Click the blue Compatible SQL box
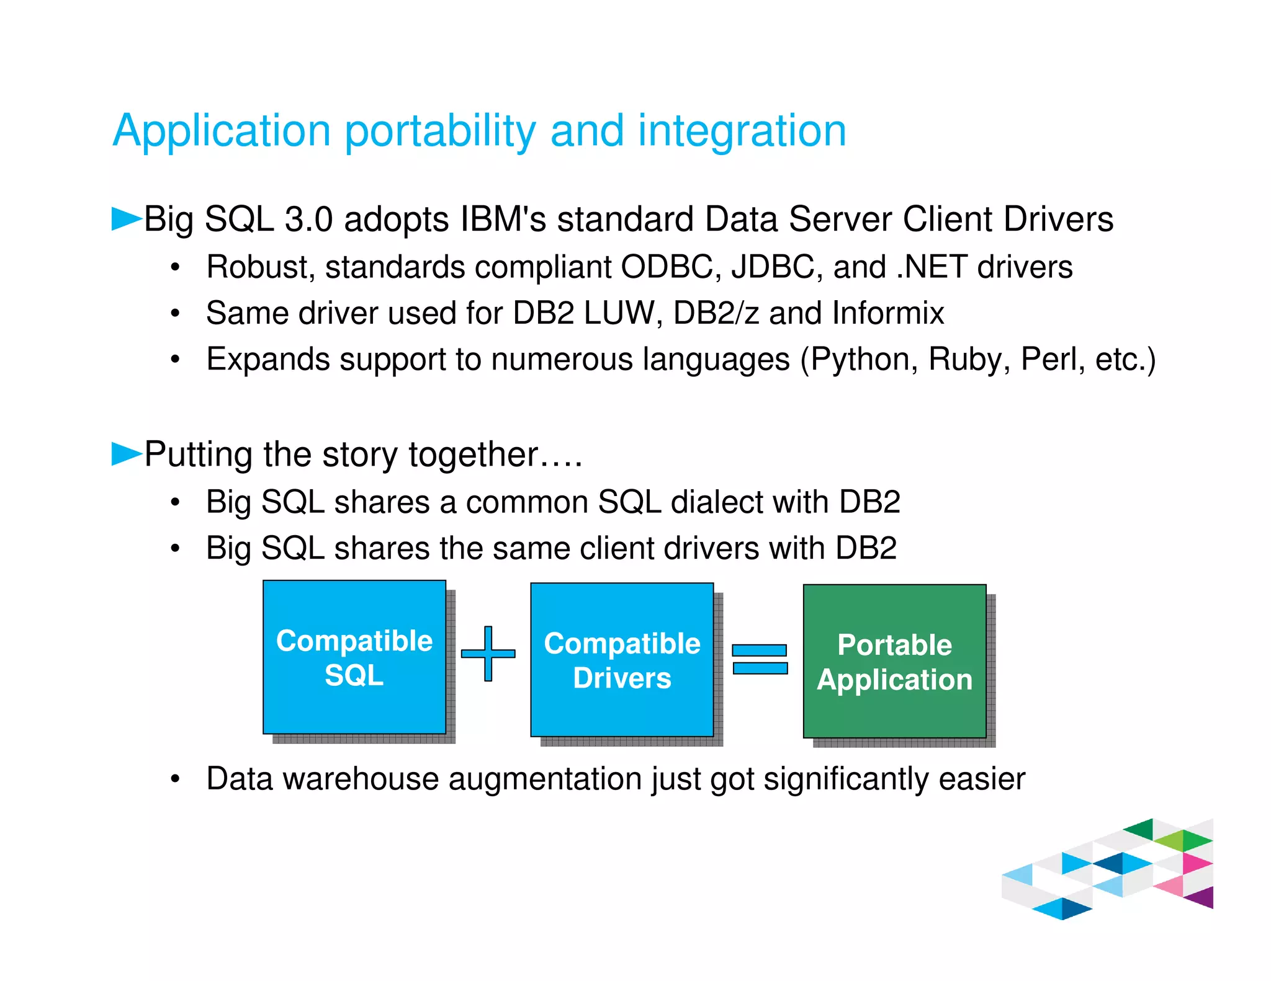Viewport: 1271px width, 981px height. (354, 657)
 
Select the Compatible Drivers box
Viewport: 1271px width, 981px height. (622, 660)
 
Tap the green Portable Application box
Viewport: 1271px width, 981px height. (894, 662)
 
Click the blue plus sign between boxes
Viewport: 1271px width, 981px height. (488, 654)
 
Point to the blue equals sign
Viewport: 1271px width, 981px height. (760, 659)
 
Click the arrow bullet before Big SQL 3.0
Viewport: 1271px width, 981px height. (126, 219)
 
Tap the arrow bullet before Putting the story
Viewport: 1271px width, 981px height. (126, 453)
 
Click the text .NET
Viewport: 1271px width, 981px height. (932, 267)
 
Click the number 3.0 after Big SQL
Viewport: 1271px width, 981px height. (308, 220)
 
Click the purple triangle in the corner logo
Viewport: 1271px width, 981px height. (1201, 898)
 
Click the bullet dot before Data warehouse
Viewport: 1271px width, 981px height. (176, 779)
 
